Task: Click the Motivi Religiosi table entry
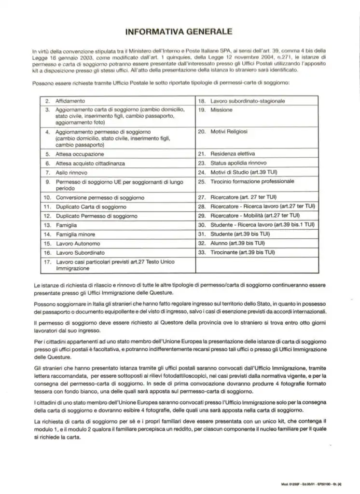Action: click(x=229, y=131)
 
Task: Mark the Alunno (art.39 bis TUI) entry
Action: click(x=237, y=243)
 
